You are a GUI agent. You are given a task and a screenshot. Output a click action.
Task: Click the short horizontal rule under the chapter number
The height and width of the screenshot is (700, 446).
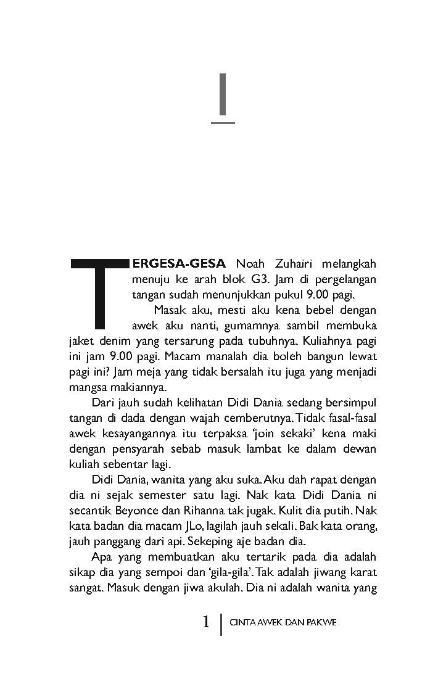pos(223,123)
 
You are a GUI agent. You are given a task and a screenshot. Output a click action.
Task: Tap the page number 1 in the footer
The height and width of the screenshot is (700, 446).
pos(207,622)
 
